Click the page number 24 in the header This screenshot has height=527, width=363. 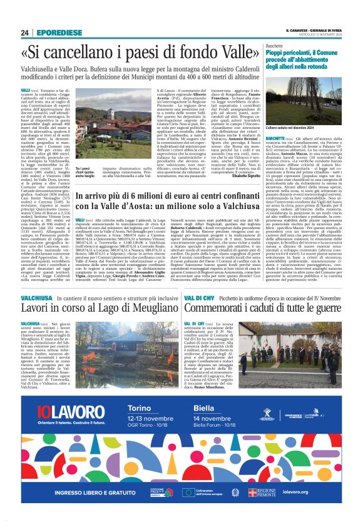point(25,33)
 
